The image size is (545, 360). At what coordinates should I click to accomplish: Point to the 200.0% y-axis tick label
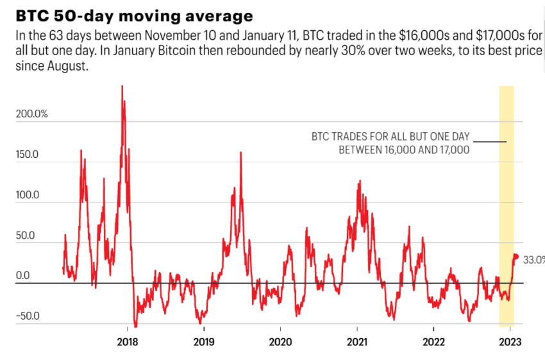click(31, 114)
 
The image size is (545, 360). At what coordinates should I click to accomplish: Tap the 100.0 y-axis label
click(28, 195)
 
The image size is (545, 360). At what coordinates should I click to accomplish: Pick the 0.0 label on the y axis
click(23, 276)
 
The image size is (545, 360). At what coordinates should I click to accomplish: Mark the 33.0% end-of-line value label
click(533, 260)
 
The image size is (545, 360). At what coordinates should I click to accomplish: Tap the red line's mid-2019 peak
click(240, 153)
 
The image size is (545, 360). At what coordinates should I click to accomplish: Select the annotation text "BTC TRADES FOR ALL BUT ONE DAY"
click(390, 137)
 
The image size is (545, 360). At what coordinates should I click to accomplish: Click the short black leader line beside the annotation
click(491, 141)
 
